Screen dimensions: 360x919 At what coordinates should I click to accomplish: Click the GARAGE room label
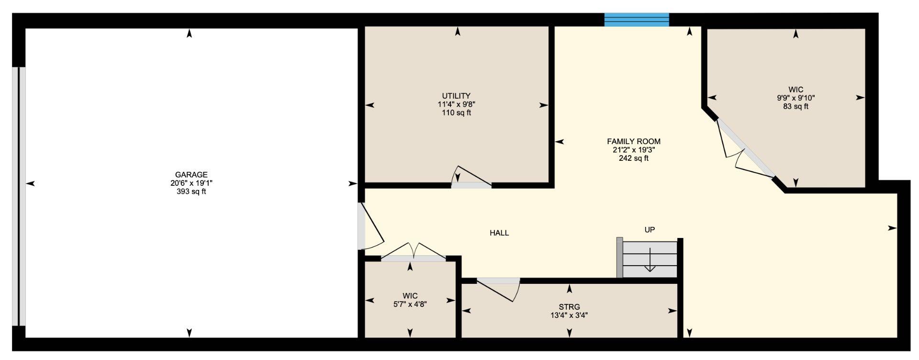[191, 175]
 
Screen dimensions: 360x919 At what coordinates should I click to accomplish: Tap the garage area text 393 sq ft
[191, 192]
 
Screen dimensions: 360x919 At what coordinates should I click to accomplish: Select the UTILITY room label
[456, 96]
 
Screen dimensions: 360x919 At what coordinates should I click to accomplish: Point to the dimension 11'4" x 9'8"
[456, 104]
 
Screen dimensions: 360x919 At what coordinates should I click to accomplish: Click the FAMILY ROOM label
[634, 141]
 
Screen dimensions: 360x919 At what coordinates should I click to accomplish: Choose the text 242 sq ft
[634, 158]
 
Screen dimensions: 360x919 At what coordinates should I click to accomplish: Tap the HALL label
[499, 233]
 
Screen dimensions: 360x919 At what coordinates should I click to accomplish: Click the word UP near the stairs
[650, 230]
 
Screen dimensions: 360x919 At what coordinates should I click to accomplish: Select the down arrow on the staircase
[650, 260]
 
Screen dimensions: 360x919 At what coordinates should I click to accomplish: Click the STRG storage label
[569, 307]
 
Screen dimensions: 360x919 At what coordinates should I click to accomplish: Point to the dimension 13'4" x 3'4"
[569, 315]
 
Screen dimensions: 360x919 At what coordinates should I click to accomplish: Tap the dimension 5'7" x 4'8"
[410, 304]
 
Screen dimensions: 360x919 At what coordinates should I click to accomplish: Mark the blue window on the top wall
[637, 20]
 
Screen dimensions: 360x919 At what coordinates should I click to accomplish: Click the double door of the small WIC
[414, 254]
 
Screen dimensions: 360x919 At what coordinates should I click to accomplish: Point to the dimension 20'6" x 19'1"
[191, 183]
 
